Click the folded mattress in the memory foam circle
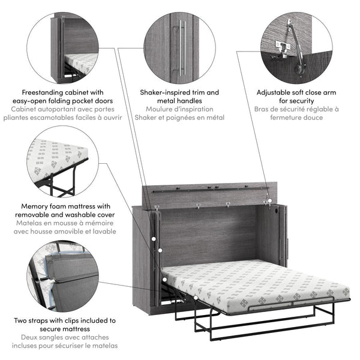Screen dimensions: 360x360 [x=55, y=159]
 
